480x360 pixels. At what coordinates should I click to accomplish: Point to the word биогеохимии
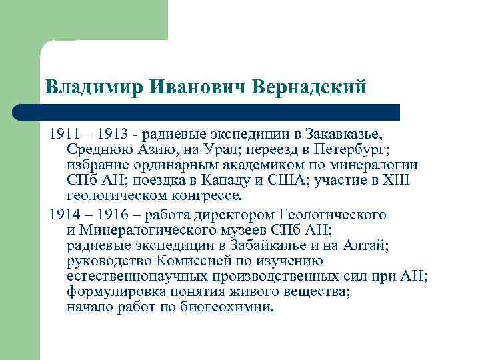click(227, 307)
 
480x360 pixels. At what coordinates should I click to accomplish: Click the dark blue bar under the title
click(207, 111)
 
